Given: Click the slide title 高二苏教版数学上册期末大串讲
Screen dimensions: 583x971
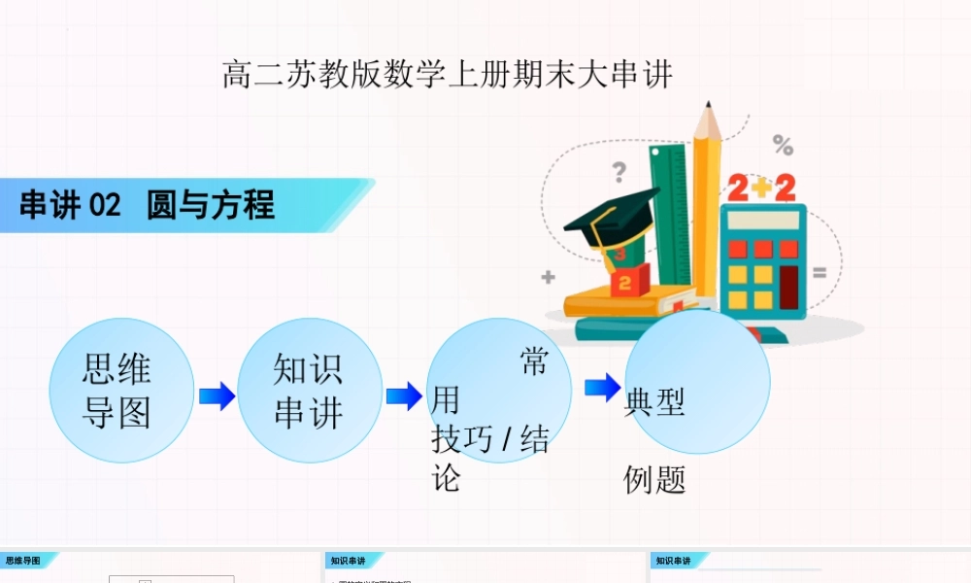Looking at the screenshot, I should [447, 75].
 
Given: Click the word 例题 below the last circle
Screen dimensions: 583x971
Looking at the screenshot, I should [654, 479].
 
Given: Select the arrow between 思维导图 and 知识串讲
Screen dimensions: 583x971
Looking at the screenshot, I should [217, 395].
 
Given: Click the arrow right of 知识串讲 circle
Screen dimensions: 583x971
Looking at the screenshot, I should [404, 395].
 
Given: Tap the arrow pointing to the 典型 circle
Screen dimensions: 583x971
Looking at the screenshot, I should [602, 388].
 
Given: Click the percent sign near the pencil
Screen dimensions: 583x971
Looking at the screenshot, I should [783, 146].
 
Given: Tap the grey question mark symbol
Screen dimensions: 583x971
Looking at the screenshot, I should [619, 173].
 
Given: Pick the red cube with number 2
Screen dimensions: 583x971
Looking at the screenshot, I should [625, 282].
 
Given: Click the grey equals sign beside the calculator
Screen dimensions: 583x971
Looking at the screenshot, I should [820, 274].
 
